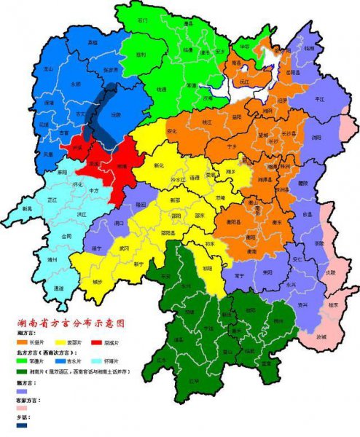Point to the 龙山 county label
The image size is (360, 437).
click(x=50, y=67)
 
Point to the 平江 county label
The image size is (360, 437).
click(x=318, y=99)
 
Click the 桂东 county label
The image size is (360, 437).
click(x=338, y=306)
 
